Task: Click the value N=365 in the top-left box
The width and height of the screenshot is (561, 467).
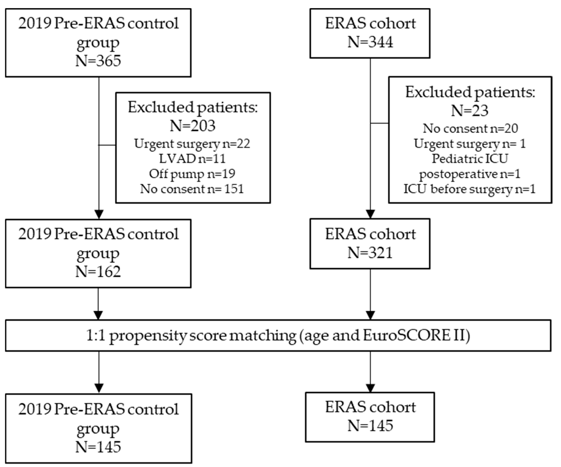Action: [x=98, y=61]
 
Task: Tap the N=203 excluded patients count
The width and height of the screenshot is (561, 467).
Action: [x=193, y=126]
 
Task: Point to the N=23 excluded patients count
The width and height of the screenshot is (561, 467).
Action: [x=470, y=111]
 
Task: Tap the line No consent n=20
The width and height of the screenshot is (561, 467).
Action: [x=470, y=128]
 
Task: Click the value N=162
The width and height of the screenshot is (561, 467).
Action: [x=98, y=272]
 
